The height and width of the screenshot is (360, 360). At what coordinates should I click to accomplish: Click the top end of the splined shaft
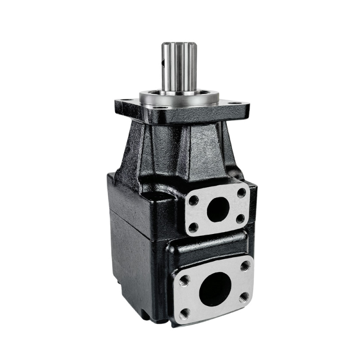tap(180, 44)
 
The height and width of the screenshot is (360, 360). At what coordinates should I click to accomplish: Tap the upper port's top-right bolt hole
tap(242, 193)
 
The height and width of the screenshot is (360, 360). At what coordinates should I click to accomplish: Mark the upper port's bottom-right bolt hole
tap(240, 219)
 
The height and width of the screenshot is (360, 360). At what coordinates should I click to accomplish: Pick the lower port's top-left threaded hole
tap(184, 282)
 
